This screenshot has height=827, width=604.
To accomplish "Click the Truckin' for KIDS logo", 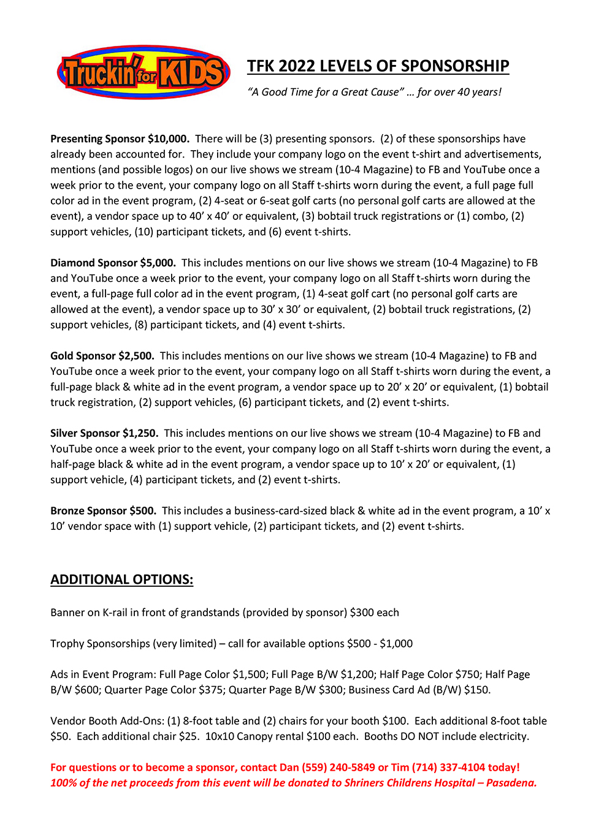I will coord(143,73).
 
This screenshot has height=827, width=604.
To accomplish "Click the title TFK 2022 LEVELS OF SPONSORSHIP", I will coord(378,66).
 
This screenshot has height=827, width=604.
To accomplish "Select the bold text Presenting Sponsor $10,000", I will coord(120,139).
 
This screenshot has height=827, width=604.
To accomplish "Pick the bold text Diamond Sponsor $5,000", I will coord(113,263).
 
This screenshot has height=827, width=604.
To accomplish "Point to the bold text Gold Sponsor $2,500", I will coord(102,356).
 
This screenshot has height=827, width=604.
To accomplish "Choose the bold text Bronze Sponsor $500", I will coord(103,511).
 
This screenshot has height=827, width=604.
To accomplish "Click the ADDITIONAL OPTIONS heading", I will coord(121,580).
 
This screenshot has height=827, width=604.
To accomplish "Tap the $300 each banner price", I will coord(374,613).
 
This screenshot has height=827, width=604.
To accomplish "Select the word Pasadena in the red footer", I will coord(511,783).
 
